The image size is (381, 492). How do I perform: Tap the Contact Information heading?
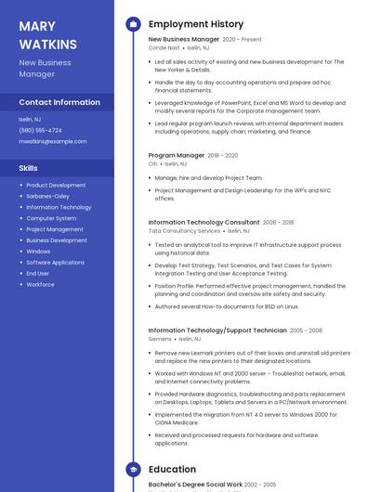point(59,102)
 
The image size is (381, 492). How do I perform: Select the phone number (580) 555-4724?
point(40,130)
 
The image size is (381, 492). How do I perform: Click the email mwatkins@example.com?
point(53,141)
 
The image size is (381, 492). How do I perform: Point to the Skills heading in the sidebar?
point(28,168)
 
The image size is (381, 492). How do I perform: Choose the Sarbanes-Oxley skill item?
point(47,196)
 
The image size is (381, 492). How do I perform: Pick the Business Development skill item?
point(56,240)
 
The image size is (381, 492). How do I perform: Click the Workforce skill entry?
point(40,284)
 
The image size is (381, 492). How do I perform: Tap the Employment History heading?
point(196,24)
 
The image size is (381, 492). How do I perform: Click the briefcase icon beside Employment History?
point(133,24)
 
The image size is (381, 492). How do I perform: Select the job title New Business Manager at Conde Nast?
point(184,40)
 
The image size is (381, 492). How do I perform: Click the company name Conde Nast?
point(164,48)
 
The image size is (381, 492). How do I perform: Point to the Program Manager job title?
point(176,156)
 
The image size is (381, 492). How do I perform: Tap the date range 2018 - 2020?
point(223,156)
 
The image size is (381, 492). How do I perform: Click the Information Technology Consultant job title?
point(204,223)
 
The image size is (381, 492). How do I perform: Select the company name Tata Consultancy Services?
point(184,231)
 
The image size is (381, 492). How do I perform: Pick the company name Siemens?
point(160,339)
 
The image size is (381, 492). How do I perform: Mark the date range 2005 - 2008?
point(306,330)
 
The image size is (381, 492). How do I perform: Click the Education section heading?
point(172,470)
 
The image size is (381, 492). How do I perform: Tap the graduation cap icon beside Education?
point(133,470)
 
